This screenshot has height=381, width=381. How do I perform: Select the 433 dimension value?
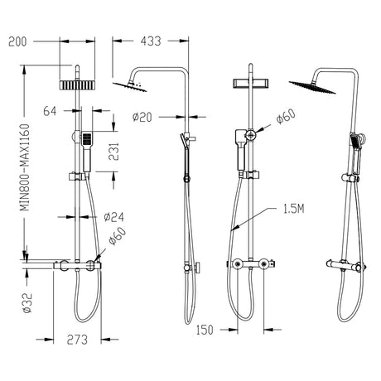(152, 38)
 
